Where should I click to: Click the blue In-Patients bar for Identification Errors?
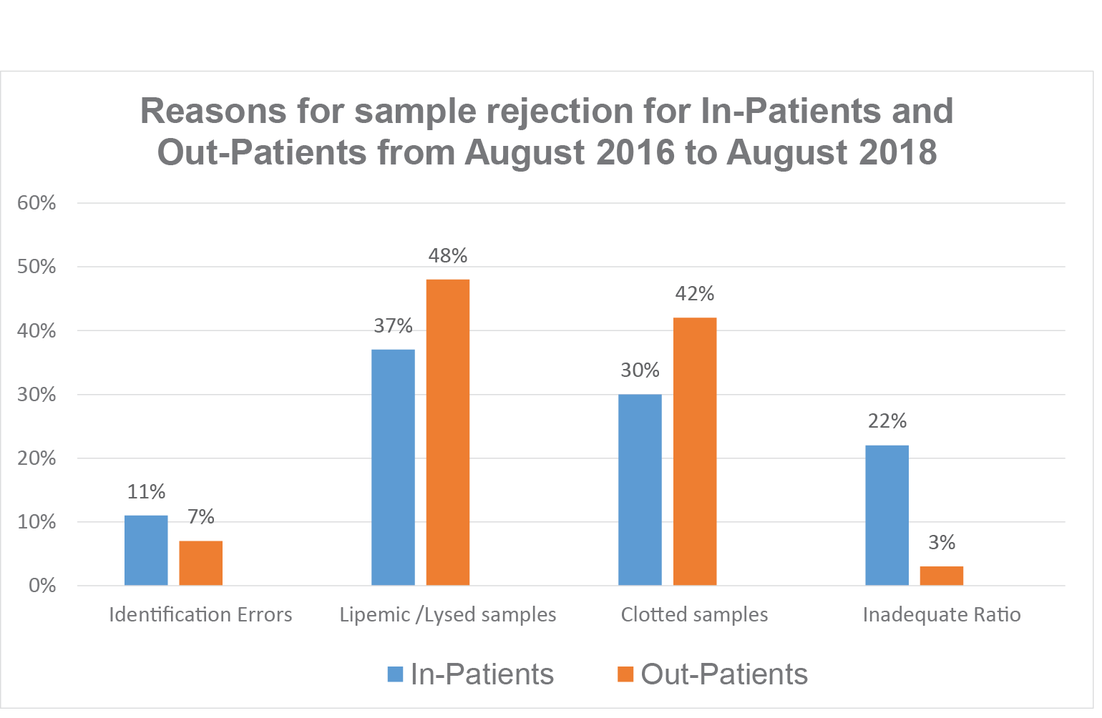click(146, 550)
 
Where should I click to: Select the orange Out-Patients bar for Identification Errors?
click(200, 563)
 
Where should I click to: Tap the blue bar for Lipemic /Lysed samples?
click(393, 467)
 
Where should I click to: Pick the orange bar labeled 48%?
click(448, 432)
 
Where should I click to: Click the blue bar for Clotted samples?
click(640, 489)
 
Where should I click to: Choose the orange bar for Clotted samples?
click(695, 451)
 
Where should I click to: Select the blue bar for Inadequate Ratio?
click(887, 515)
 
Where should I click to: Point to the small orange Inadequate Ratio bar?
click(941, 576)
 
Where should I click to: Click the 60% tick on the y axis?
click(36, 203)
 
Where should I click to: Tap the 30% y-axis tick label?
click(36, 395)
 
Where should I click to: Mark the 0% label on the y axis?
click(42, 586)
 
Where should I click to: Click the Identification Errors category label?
click(200, 615)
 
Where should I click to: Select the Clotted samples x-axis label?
click(694, 615)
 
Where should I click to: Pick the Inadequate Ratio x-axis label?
click(942, 615)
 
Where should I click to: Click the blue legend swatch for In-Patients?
click(395, 674)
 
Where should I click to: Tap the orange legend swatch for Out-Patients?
click(626, 674)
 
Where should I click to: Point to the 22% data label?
click(887, 421)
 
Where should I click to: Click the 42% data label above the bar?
click(695, 293)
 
